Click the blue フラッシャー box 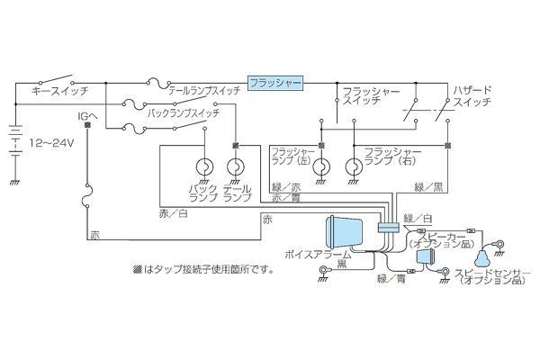275,83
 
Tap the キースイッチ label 60,91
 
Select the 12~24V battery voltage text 51,142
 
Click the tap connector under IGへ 87,125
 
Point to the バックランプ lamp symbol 204,166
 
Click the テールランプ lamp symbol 236,166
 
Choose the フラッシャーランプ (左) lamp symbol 321,166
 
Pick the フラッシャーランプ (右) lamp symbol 354,166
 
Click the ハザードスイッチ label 472,96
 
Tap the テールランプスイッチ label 204,91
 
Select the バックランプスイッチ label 184,112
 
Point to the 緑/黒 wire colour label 428,187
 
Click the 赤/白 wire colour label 174,213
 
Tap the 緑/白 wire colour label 418,219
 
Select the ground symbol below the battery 15,183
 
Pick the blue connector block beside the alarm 389,227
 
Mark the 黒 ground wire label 342,264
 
